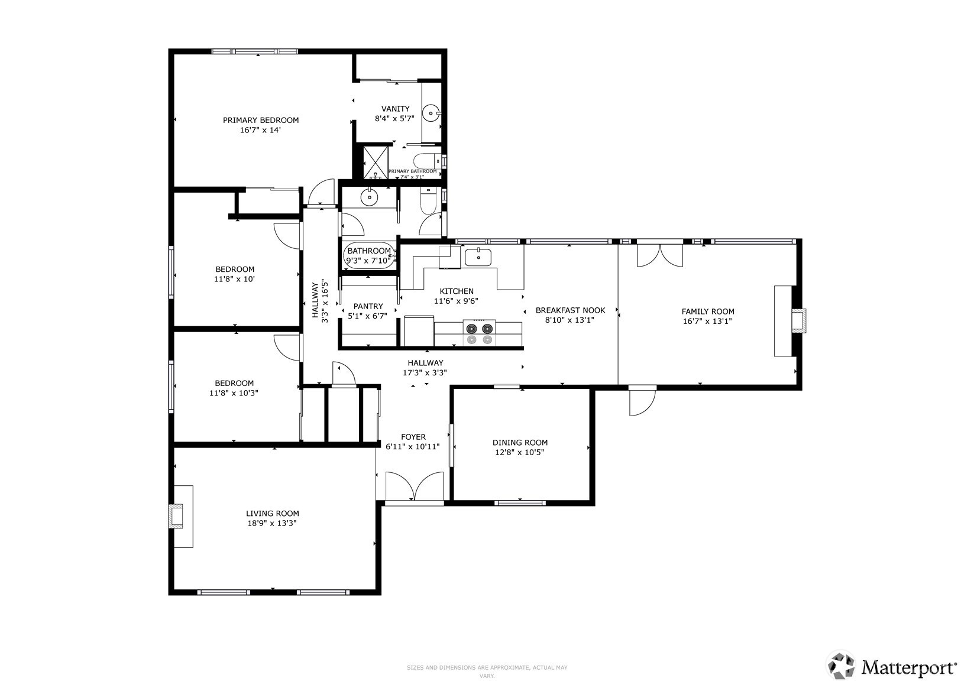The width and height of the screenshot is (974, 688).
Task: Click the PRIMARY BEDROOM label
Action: pos(260,120)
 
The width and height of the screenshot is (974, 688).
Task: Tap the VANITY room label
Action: pos(395,109)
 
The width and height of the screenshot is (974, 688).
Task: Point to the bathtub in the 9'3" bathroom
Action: pos(369,256)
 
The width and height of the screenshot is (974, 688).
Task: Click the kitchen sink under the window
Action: pos(478,258)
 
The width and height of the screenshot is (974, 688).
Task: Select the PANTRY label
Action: pos(368,306)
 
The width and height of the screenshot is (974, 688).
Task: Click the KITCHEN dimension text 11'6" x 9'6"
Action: pos(456,301)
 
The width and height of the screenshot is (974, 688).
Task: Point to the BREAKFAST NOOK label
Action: pos(570,310)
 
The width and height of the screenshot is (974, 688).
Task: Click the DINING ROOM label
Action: pos(520,442)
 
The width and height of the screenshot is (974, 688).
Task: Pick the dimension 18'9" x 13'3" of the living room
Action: pos(272,523)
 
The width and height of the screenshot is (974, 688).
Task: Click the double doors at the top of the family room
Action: pos(659,255)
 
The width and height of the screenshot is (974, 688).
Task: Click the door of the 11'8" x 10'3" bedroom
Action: pos(288,347)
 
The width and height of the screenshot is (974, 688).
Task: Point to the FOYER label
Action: pos(413,437)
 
